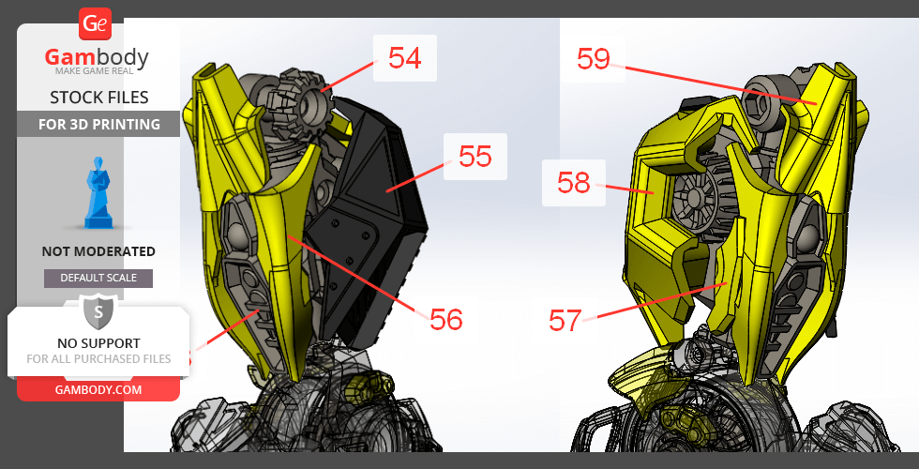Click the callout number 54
pos(405,58)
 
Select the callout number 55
pos(475,157)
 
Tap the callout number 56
pos(446,320)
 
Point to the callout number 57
pos(565,321)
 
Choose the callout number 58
pos(574,183)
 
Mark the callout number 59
pos(594,58)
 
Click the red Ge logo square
pos(95,24)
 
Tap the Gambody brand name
pos(97,57)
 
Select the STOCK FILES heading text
pos(99,98)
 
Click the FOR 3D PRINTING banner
pos(98,124)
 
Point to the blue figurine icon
pos(98,192)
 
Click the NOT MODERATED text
pos(98,251)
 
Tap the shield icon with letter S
pos(98,312)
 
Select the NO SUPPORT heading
pos(98,343)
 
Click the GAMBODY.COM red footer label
pos(98,390)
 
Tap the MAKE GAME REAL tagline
pos(95,71)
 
